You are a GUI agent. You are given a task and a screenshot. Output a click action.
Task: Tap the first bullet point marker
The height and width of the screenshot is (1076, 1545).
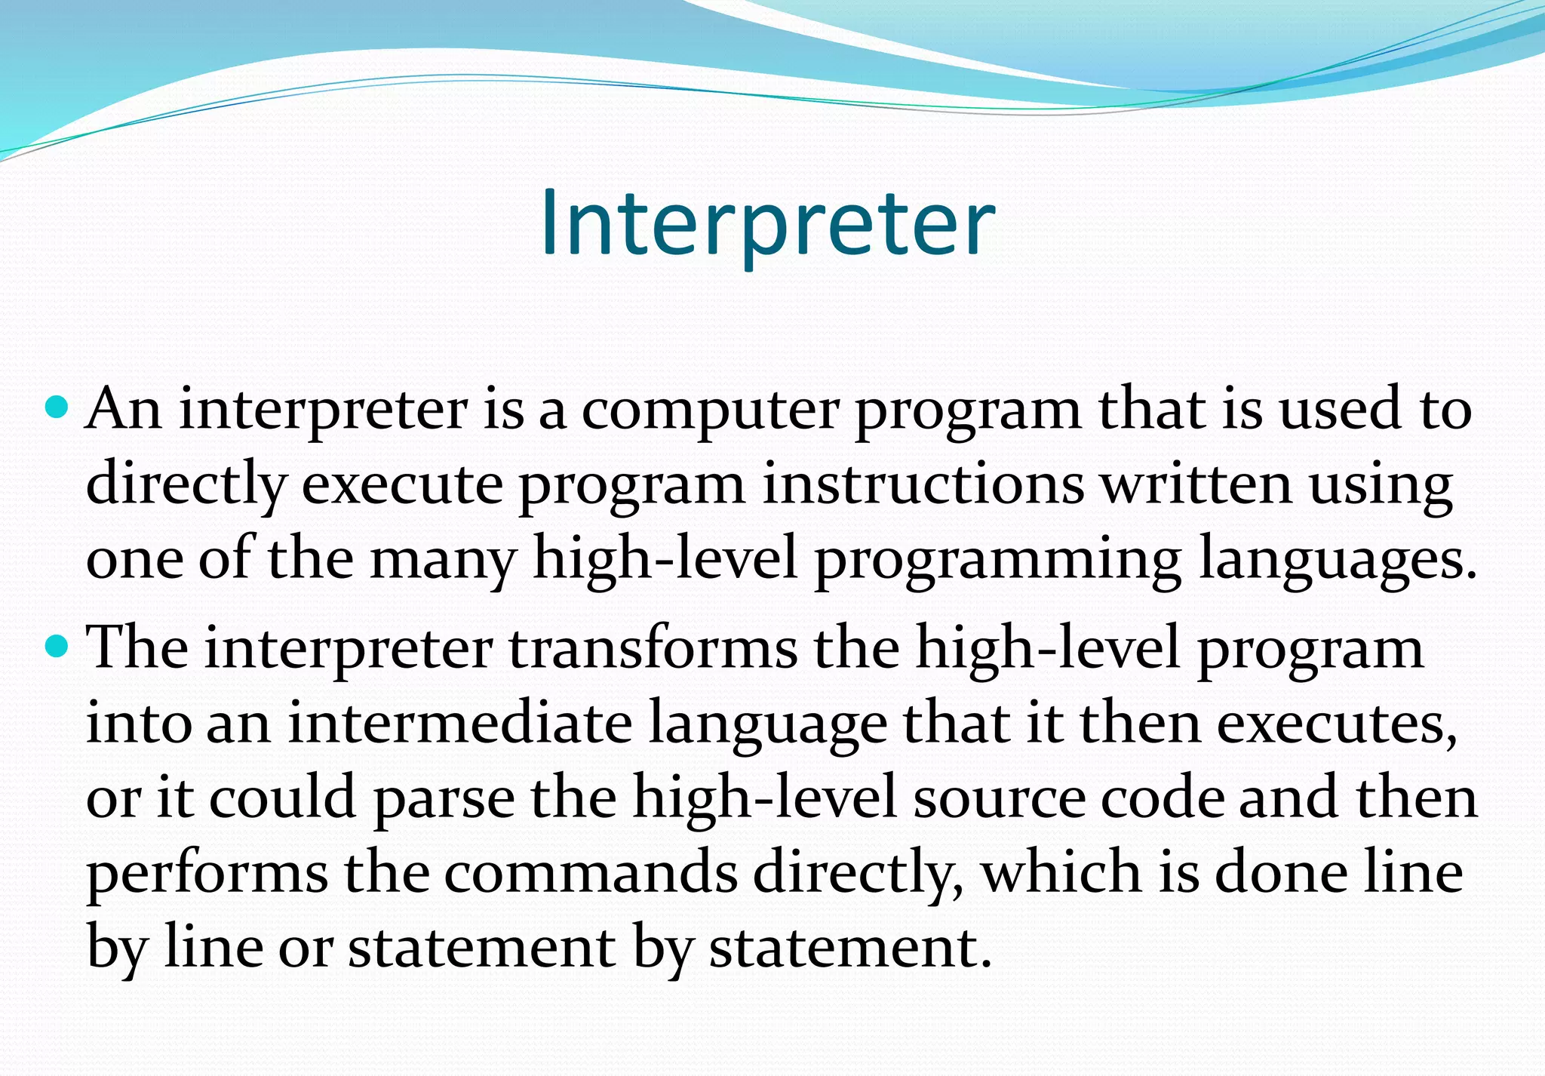tap(57, 409)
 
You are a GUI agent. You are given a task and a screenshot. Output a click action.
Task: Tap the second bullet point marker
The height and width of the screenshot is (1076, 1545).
tap(57, 648)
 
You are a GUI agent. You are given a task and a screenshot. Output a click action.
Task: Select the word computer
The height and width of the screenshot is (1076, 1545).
tap(709, 411)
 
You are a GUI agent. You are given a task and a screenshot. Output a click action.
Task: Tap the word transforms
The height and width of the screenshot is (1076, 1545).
tap(653, 648)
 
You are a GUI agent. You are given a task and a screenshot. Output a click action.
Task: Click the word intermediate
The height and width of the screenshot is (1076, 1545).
tap(459, 723)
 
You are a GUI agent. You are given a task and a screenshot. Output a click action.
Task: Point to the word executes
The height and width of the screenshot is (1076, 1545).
tap(1335, 723)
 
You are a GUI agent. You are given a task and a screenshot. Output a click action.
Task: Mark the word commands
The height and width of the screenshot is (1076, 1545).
tap(590, 872)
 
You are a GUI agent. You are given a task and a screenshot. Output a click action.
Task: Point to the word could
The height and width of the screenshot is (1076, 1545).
tap(281, 797)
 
